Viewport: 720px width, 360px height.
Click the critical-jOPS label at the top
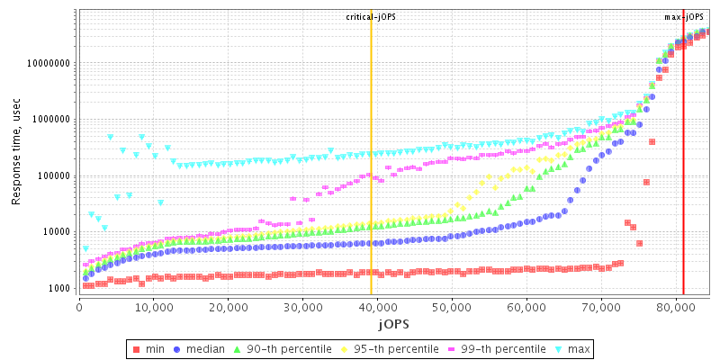(x=371, y=17)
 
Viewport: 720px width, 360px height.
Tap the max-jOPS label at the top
(x=684, y=17)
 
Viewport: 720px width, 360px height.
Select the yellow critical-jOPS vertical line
(x=371, y=180)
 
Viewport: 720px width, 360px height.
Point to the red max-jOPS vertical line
(x=683, y=180)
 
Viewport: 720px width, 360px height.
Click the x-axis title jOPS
(x=393, y=323)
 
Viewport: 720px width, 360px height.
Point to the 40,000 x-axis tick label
(x=377, y=306)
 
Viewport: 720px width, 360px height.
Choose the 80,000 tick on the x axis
(x=675, y=306)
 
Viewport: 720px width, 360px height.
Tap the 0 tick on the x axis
(x=80, y=306)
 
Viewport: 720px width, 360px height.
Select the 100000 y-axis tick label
(x=52, y=175)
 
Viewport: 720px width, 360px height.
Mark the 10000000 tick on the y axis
(x=47, y=63)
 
